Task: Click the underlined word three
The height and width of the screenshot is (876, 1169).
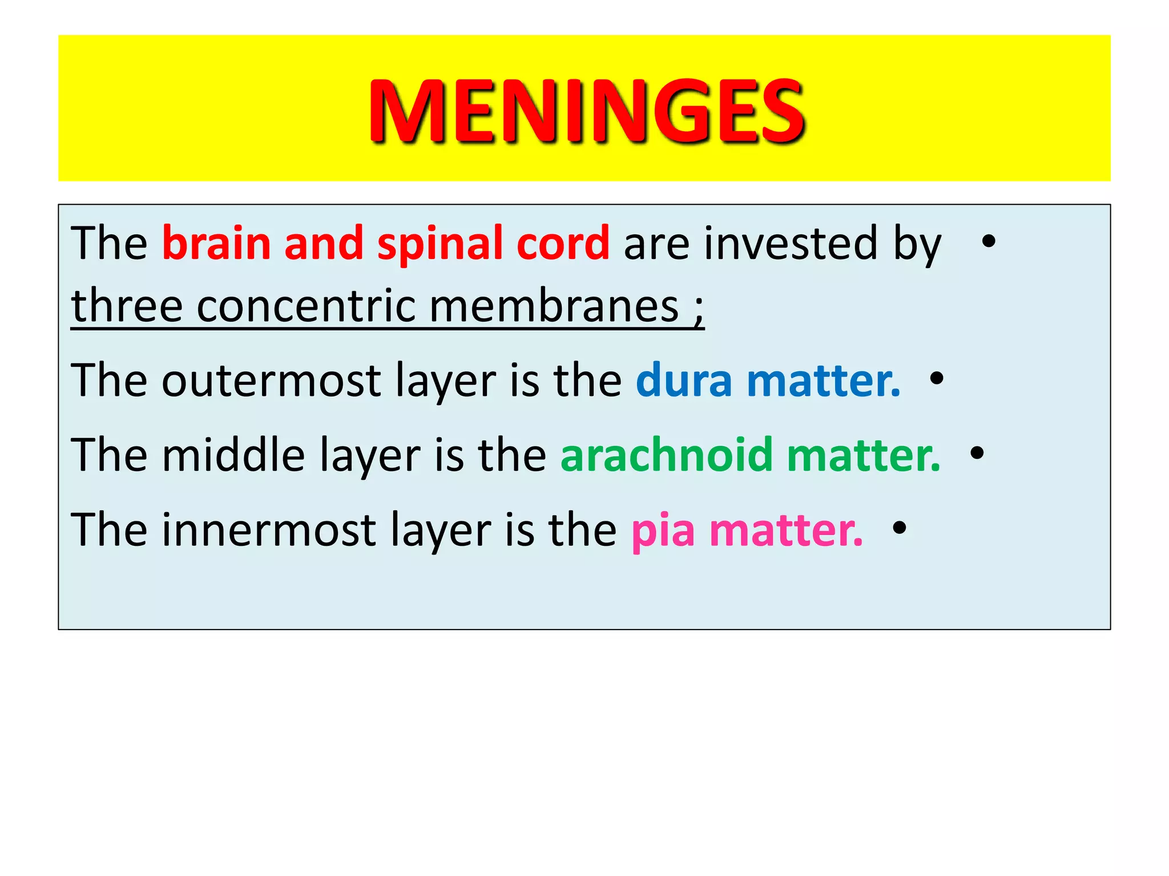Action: tap(127, 306)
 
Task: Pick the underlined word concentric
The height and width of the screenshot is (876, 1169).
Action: tap(306, 306)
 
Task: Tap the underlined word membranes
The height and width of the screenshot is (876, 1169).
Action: tap(554, 306)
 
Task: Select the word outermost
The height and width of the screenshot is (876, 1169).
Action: tap(271, 380)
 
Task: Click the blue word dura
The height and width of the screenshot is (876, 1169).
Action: tap(684, 380)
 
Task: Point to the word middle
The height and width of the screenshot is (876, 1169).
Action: tap(233, 455)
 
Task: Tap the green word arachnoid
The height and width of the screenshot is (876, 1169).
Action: tap(667, 455)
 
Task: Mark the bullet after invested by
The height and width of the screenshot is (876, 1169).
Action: tap(989, 241)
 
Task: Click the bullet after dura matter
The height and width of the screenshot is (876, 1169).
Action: tap(937, 378)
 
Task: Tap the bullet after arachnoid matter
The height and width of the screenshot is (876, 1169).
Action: tap(977, 453)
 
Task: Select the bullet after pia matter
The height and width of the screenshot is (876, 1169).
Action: tap(900, 528)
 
